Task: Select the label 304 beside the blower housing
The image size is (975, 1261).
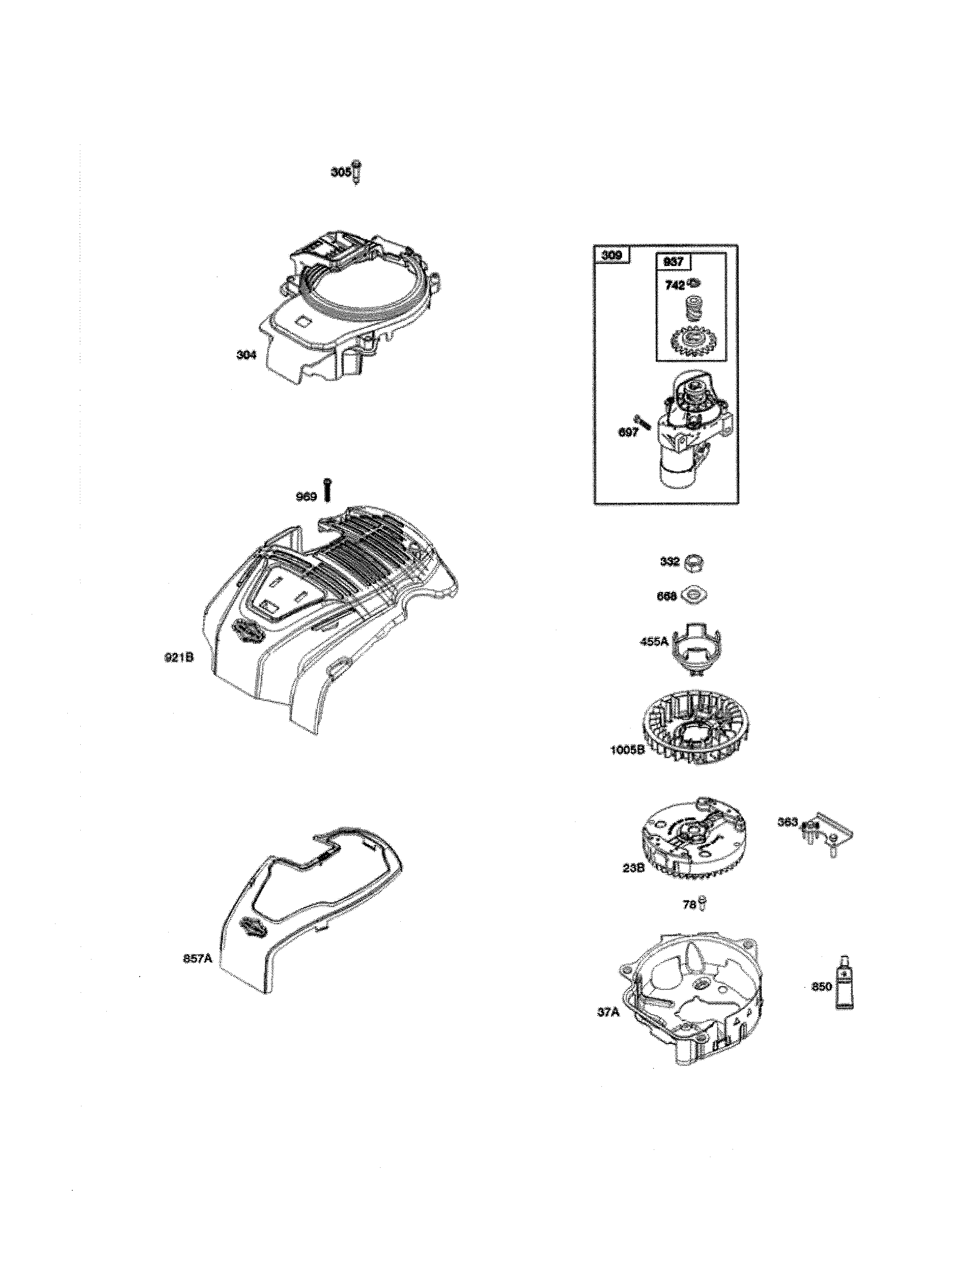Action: [246, 355]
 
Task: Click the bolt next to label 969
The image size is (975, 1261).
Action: [328, 490]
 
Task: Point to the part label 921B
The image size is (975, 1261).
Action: [179, 657]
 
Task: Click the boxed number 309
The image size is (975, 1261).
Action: [612, 254]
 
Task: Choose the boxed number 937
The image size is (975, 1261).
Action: [673, 261]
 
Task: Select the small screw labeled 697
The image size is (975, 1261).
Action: [645, 421]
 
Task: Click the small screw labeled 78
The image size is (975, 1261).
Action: [703, 904]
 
